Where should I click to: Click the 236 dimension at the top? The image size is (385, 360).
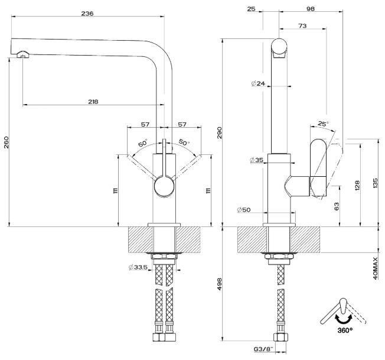pos(87,14)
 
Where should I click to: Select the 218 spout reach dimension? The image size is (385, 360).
pos(93,102)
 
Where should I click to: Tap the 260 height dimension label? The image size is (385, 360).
pos(6,142)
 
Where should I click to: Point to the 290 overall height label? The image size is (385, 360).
pos(219,132)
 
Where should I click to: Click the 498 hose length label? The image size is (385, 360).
pos(219,284)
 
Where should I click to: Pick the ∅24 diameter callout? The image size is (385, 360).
pos(258,83)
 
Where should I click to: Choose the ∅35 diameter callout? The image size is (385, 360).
pos(257,160)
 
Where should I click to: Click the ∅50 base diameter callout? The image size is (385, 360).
pos(244,210)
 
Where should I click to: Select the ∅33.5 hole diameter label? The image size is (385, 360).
pos(138,267)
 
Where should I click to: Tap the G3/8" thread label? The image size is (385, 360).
pos(263,349)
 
